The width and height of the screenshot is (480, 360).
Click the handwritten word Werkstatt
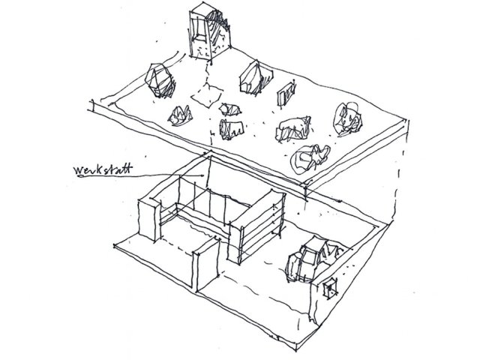(103, 169)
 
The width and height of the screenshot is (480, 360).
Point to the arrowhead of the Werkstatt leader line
(202, 175)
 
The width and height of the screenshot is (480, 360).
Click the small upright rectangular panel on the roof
(286, 93)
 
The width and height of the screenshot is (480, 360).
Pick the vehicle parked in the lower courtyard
(313, 259)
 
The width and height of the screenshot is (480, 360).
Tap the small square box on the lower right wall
(331, 288)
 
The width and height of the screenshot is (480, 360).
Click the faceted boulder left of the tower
(159, 80)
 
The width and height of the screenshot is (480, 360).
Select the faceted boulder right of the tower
(255, 77)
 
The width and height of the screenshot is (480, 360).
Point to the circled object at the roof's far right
(348, 118)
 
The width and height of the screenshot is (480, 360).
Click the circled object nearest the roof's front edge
(310, 157)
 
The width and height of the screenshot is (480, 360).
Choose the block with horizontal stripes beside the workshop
(257, 227)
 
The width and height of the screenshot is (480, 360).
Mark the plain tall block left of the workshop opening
(149, 219)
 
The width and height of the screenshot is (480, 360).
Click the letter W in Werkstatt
(79, 170)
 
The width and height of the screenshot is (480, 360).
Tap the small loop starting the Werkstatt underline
(81, 177)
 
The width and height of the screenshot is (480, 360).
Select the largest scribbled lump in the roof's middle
(294, 128)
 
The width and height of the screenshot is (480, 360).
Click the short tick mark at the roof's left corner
(91, 105)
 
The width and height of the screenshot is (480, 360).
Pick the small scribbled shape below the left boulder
(180, 115)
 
